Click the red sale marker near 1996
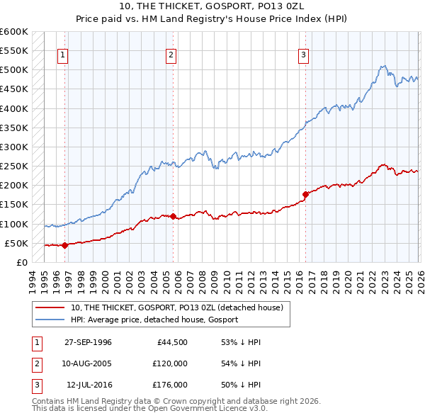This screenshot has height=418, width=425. [64, 245]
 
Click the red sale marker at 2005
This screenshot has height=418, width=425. [173, 216]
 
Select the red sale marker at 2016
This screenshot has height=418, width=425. [305, 194]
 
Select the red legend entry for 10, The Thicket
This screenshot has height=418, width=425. [177, 307]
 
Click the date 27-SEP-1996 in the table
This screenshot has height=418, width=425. [88, 341]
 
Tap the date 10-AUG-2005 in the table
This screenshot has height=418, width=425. [88, 363]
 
